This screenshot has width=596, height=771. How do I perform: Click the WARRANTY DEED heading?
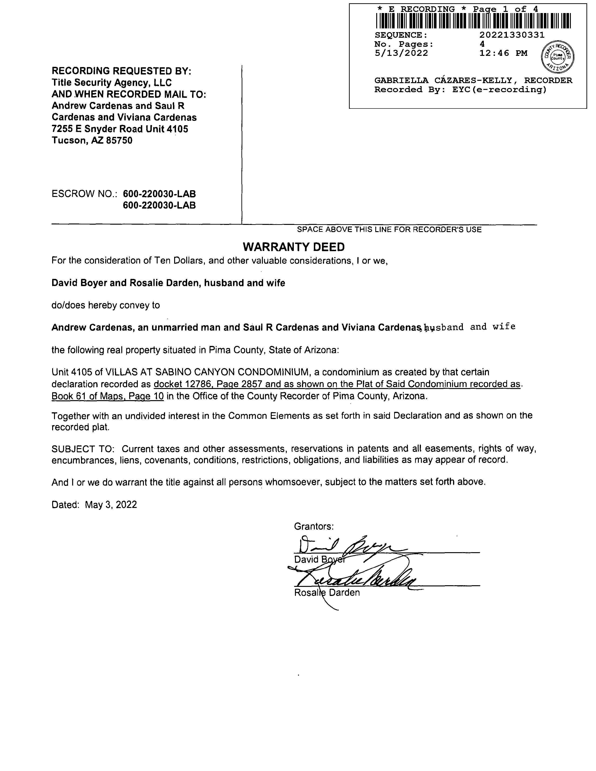[x=294, y=247]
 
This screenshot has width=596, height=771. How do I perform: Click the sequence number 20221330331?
[x=512, y=35]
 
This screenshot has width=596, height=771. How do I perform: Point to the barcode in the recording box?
[x=473, y=21]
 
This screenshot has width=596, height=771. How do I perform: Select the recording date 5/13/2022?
[x=401, y=53]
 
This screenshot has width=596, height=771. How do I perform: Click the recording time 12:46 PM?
[x=503, y=53]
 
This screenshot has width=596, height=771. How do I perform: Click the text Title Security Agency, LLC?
[x=112, y=83]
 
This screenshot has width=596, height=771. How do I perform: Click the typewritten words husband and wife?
[x=470, y=327]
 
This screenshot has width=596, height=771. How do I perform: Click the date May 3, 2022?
[x=111, y=504]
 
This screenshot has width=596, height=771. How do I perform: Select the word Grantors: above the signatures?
[x=314, y=526]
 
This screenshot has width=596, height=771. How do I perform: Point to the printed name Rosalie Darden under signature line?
[x=327, y=593]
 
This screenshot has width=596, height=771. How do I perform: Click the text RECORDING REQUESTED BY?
[x=122, y=71]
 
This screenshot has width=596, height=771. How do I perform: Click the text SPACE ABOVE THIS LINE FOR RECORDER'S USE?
[x=389, y=230]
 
